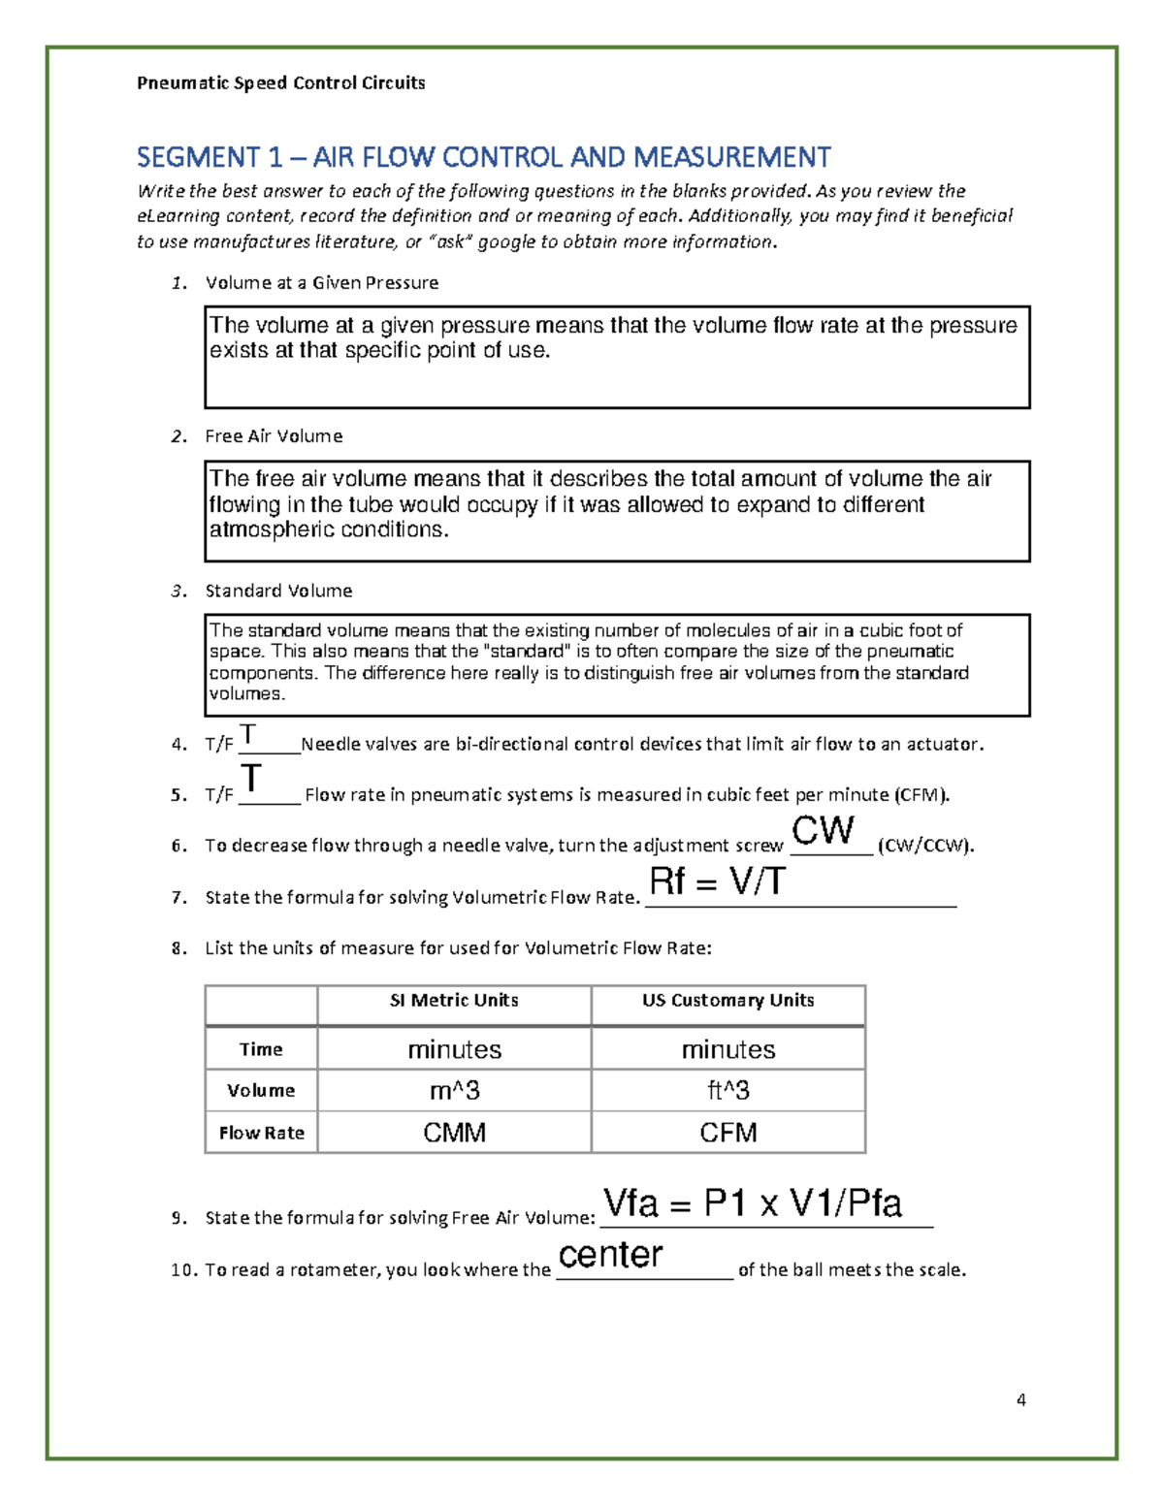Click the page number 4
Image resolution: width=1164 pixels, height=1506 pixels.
[1020, 1399]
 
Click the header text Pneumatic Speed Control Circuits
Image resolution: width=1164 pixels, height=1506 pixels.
[280, 82]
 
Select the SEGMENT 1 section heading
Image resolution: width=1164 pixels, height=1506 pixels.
[483, 156]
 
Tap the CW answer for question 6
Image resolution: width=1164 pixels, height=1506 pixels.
[823, 830]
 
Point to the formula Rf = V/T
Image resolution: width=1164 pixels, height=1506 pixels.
[717, 881]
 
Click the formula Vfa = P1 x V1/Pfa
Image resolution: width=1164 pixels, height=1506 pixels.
[752, 1203]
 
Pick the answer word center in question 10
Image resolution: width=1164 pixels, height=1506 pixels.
[610, 1254]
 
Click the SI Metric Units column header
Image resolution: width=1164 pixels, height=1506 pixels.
[454, 1001]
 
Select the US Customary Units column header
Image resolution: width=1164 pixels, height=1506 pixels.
[727, 1001]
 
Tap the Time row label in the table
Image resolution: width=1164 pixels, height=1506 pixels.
[261, 1049]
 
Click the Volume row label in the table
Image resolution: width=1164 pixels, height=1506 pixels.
[261, 1091]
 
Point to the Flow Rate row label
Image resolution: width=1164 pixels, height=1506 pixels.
[261, 1133]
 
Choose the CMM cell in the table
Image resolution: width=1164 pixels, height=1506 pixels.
[454, 1133]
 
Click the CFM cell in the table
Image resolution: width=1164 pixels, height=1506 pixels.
[727, 1133]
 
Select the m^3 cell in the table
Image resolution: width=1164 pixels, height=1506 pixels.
[454, 1091]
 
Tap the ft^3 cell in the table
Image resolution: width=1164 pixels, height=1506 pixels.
[727, 1091]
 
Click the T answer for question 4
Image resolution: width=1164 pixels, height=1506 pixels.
[248, 734]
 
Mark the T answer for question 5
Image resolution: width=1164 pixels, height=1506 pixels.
[251, 779]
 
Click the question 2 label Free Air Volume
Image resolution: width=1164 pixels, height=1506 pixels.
[274, 436]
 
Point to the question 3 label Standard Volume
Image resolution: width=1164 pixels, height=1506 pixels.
[278, 591]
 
